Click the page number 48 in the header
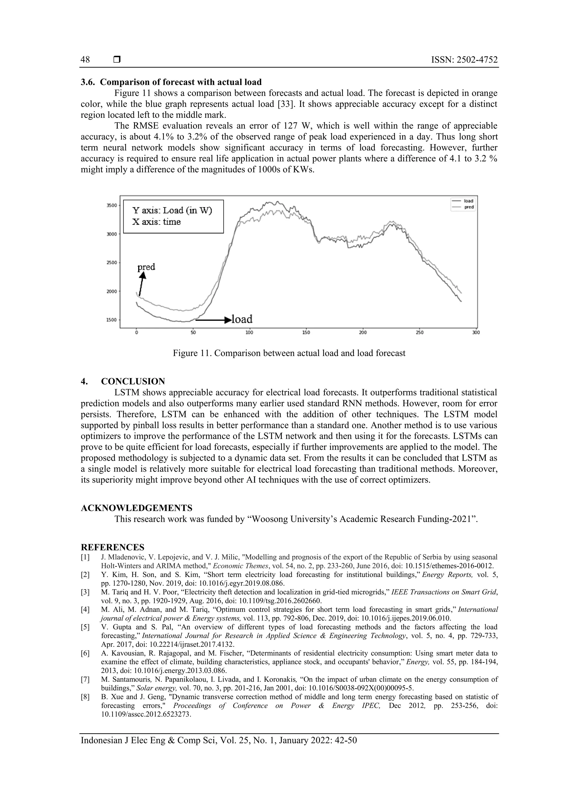coord(85,60)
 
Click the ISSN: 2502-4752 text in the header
coord(464,60)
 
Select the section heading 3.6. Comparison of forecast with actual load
coord(171,82)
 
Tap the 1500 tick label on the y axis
coord(111,320)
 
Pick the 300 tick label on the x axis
coord(476,333)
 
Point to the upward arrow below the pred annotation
coord(141,284)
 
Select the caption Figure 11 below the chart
coord(289,353)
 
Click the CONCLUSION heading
coord(133,381)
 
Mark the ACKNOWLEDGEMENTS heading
coord(137,508)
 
